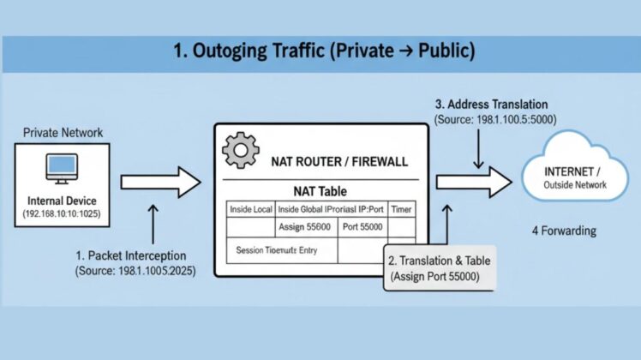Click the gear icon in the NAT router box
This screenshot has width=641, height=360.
[240, 151]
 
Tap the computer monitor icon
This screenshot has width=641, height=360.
[62, 168]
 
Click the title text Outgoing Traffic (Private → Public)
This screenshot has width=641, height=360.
[324, 51]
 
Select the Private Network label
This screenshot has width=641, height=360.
[63, 133]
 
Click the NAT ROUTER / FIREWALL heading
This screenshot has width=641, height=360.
[339, 161]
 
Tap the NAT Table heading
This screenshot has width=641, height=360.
[320, 191]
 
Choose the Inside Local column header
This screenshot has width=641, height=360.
[250, 209]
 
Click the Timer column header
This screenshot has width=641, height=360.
[400, 209]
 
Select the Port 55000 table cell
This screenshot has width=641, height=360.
[364, 227]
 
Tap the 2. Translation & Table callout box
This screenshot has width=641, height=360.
[439, 268]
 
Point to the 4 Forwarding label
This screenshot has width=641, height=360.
[563, 231]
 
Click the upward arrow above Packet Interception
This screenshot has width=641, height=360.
[153, 225]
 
